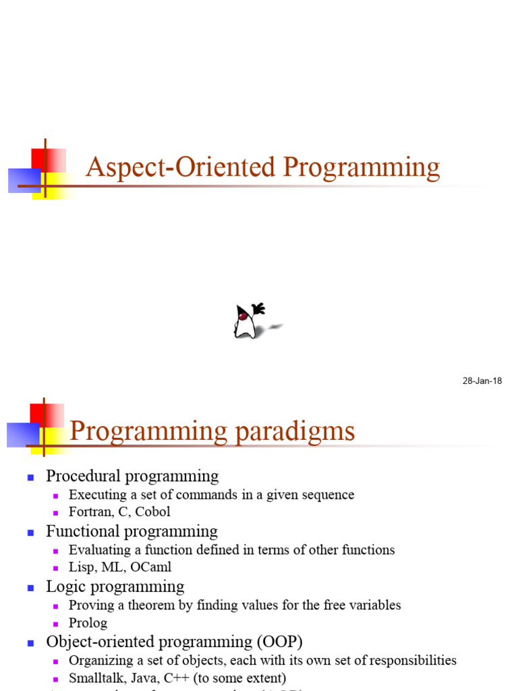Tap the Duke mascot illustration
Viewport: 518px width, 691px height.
point(248,321)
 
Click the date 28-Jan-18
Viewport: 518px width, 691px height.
point(482,381)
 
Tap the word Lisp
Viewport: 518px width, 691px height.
point(82,568)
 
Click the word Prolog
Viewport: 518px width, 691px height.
point(88,623)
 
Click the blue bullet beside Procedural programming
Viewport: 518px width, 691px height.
point(30,477)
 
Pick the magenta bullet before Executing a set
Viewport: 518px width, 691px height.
point(57,496)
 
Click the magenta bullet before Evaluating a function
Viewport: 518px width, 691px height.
point(57,551)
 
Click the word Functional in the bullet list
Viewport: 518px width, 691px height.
point(79,532)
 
